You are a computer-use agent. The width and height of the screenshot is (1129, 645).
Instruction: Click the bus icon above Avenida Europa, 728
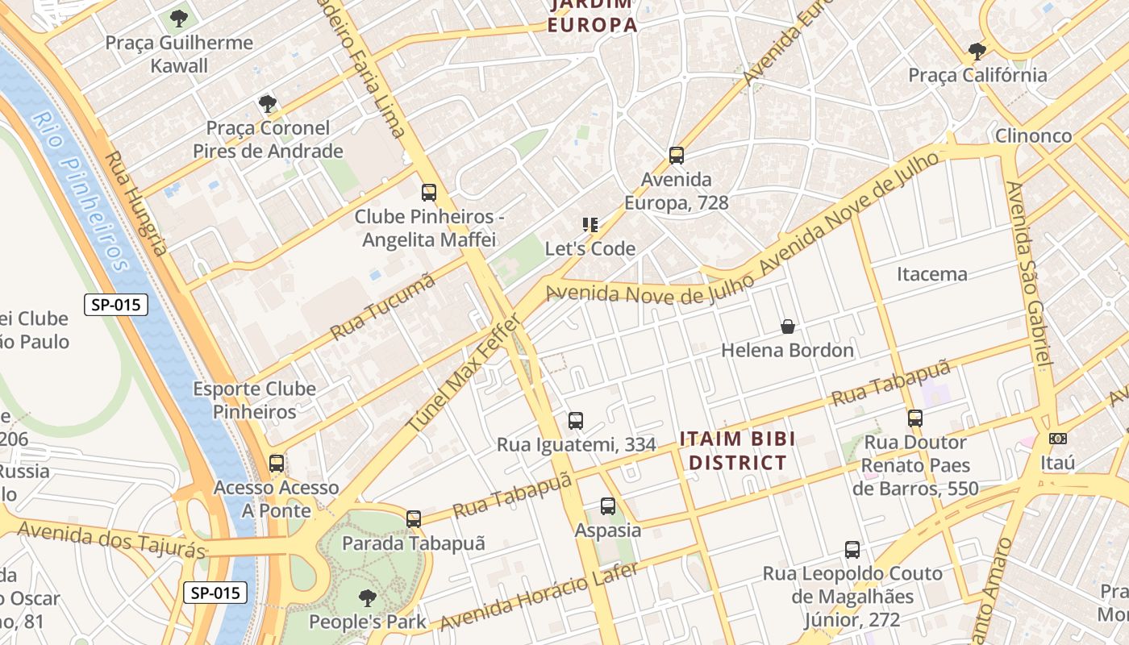click(x=676, y=155)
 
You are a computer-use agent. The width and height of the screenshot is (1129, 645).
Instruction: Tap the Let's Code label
click(x=590, y=248)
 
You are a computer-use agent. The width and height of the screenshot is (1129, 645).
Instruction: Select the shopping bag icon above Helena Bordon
click(x=788, y=327)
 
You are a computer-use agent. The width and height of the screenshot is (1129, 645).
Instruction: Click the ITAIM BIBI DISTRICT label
click(x=737, y=451)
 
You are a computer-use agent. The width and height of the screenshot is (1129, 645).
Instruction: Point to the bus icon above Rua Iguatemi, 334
click(x=575, y=420)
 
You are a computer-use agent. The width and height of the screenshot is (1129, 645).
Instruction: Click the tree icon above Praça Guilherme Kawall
click(x=179, y=18)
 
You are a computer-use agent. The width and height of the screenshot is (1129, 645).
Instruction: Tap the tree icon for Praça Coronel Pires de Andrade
click(x=268, y=103)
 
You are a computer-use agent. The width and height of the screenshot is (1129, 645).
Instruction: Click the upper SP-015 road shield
click(x=116, y=305)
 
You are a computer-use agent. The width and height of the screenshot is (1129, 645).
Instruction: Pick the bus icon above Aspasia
click(x=608, y=506)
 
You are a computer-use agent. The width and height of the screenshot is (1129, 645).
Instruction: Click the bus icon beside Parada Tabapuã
click(x=414, y=519)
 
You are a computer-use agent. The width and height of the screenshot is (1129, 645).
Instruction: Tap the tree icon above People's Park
click(x=368, y=597)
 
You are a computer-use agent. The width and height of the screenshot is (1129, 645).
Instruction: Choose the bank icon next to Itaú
click(x=1058, y=439)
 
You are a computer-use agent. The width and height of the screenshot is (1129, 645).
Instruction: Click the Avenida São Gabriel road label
click(x=1030, y=274)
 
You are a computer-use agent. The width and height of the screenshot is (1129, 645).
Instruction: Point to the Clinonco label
click(x=1033, y=135)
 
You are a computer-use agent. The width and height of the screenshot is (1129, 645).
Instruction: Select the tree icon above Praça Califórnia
click(x=977, y=52)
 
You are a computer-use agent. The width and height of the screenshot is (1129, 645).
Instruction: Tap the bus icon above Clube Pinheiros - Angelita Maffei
click(x=429, y=193)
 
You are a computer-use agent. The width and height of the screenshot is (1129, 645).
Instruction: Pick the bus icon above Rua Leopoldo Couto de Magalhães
click(x=852, y=550)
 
